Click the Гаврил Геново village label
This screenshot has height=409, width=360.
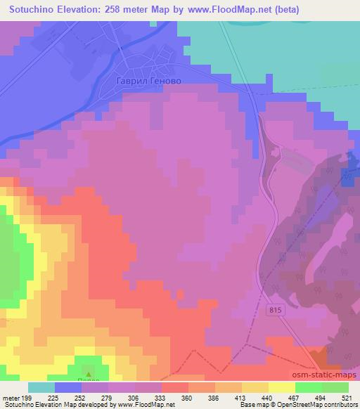(149, 81)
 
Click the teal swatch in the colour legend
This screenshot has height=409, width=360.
(41, 387)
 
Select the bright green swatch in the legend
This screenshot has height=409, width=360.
(308, 387)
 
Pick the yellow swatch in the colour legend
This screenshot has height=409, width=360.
(255, 387)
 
